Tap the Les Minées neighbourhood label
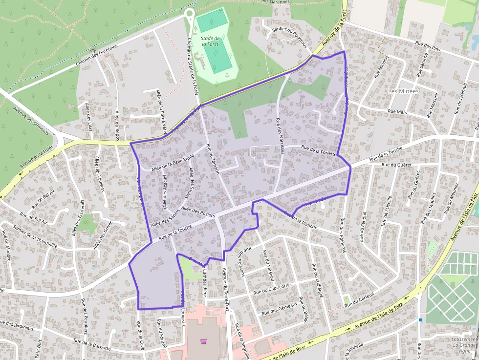403,91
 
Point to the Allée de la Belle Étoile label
173,163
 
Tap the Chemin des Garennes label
97,56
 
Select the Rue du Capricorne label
272,289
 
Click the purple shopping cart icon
204,341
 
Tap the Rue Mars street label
397,112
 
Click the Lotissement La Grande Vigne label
464,345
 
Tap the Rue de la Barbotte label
92,343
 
